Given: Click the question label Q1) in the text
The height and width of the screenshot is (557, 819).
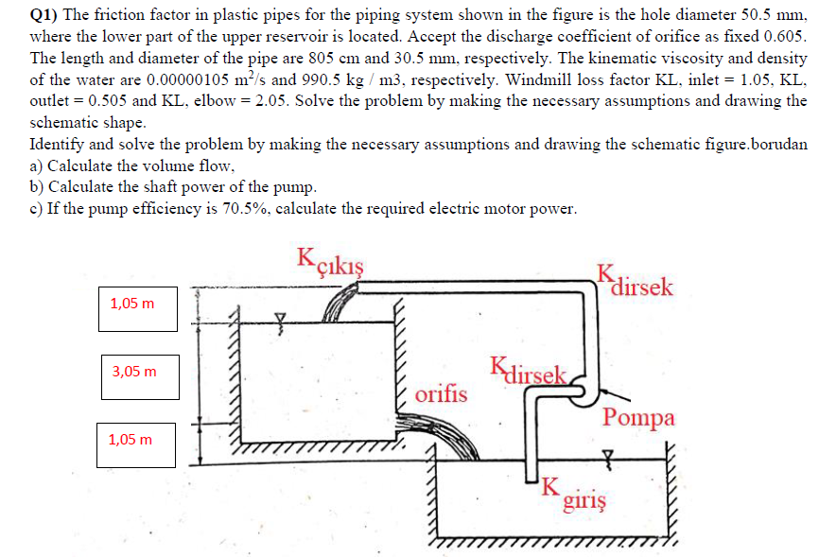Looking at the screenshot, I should point(44,13).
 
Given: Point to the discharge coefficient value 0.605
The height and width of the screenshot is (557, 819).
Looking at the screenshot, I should point(784,35).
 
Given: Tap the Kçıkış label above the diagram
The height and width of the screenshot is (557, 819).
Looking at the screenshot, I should point(330,258).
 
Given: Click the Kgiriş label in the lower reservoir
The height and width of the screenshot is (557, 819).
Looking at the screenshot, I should point(574,495).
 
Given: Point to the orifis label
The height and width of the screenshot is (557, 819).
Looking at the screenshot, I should point(441,393).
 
